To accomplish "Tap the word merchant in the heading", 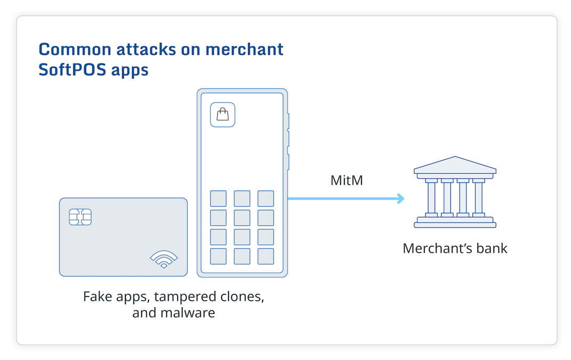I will point(244,49).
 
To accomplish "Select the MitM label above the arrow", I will point(347,180).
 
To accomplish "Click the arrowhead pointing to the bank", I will point(400,199).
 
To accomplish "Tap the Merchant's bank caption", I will point(455,248).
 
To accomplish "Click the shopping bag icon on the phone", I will point(223,115).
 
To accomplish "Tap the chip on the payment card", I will point(80,217).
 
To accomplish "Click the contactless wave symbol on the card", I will point(164,259).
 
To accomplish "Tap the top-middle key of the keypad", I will point(242,198).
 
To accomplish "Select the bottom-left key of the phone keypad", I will point(218,256).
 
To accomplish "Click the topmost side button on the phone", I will point(288,122).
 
